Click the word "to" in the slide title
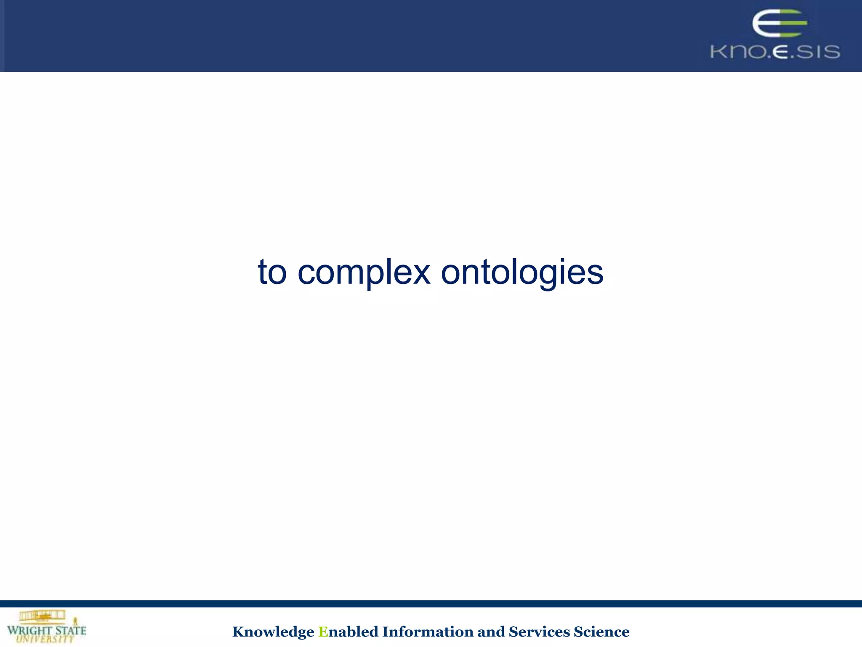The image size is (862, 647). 272,272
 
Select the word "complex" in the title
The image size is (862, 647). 364,273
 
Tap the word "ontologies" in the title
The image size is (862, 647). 522,273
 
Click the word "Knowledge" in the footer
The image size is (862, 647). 273,632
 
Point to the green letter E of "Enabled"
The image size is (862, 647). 323,632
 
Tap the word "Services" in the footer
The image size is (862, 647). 539,632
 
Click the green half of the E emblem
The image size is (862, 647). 793,24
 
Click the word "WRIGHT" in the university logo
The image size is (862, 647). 29,631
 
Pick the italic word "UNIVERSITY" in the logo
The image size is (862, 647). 45,639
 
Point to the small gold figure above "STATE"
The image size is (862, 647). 76,621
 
